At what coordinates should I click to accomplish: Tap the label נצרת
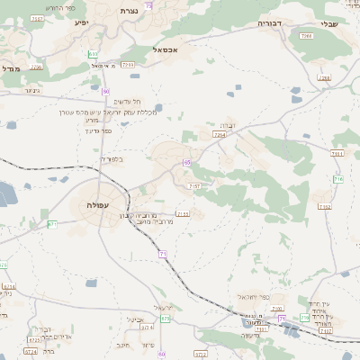click(x=129, y=11)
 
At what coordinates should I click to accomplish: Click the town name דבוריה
click(x=269, y=22)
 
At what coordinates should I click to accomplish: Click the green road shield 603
click(x=93, y=55)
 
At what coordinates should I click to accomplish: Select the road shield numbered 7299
click(x=128, y=65)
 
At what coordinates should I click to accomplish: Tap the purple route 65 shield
click(x=186, y=163)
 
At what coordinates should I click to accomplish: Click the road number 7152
click(x=324, y=206)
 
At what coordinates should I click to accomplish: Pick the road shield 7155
click(x=183, y=213)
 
